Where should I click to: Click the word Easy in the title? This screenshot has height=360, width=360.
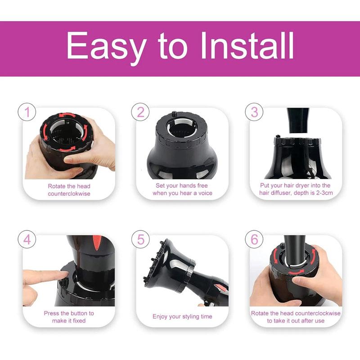[x=106, y=46]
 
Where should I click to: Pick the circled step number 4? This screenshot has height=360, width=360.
[x=27, y=240]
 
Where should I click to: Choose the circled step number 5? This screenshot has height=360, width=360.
[x=140, y=240]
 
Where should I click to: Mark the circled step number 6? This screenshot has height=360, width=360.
[x=254, y=240]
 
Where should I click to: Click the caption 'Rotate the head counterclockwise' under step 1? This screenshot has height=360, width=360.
[x=69, y=189]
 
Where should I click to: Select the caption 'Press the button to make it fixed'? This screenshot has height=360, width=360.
[x=69, y=317]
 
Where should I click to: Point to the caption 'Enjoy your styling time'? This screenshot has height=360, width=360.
[x=182, y=317]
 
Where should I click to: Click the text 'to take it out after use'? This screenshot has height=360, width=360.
[x=295, y=321]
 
